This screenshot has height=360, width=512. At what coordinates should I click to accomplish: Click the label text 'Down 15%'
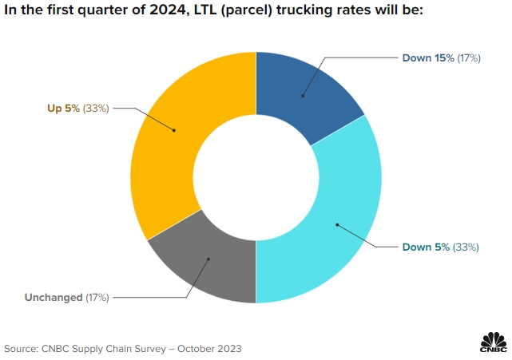[x=427, y=58]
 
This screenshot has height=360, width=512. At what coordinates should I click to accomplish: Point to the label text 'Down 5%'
[x=425, y=247]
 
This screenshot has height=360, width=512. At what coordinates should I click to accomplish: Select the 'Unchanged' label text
[x=54, y=298]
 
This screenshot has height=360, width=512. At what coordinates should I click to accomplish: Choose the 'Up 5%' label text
[x=63, y=109]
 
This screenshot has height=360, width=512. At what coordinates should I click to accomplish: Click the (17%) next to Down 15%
[x=468, y=58]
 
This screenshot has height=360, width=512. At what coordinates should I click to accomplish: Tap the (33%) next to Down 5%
[x=466, y=247]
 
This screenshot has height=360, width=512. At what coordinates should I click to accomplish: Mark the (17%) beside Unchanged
[x=97, y=298]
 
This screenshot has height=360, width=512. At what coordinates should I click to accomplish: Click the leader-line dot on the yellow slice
[x=175, y=129]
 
